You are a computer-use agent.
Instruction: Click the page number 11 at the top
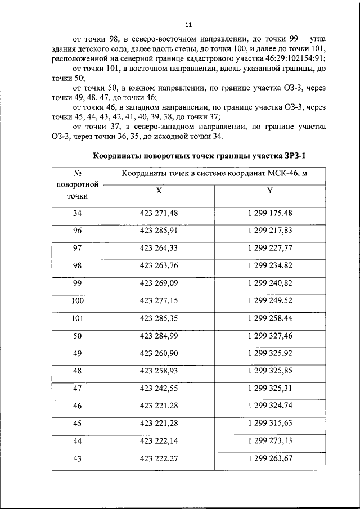(x=188, y=24)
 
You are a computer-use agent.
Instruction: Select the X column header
(x=159, y=191)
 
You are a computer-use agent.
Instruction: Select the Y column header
(x=269, y=191)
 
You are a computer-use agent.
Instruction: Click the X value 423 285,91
(x=159, y=231)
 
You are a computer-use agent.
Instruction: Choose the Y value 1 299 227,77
(x=269, y=248)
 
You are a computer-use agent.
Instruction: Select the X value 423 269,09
(x=159, y=283)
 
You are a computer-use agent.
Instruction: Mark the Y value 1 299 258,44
(x=269, y=318)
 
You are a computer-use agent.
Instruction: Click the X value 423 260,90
(x=159, y=353)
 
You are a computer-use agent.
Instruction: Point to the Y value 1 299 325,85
(x=269, y=371)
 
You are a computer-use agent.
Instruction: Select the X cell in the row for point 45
(x=159, y=424)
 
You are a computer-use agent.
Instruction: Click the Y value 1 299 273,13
(x=269, y=441)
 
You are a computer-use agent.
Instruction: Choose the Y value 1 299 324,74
(x=269, y=406)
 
